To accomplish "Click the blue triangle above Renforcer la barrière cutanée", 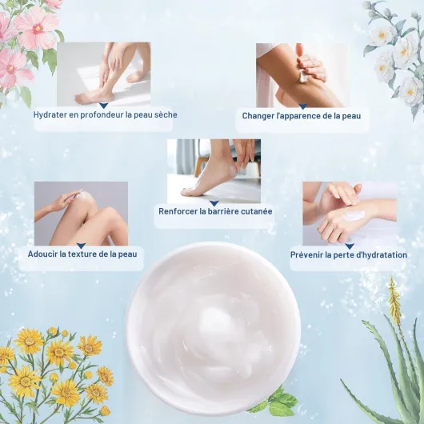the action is pos(214,203).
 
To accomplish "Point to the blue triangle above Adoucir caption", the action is pos(81,246).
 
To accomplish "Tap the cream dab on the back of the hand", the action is pos(354,214).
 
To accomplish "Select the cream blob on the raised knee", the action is pos(84,195).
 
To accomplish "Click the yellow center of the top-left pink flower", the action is pos(38,28).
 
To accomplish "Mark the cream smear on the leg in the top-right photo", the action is pos(304,77).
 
